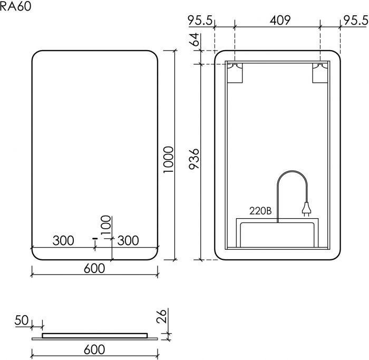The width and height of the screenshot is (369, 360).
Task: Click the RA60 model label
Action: pyautogui.click(x=15, y=6)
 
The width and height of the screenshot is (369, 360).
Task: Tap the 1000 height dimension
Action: pyautogui.click(x=169, y=160)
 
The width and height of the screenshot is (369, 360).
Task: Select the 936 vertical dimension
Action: pyautogui.click(x=195, y=159)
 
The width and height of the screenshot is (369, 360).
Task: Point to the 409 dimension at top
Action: pyautogui.click(x=280, y=20)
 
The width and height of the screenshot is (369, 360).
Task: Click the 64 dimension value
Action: pyautogui.click(x=195, y=40)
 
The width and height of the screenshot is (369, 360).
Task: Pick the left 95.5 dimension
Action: pyautogui.click(x=200, y=20)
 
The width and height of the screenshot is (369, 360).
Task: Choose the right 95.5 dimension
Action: pyautogui.click(x=356, y=20)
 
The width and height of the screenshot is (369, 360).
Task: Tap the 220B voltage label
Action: pyautogui.click(x=260, y=211)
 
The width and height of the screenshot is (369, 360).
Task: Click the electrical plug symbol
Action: pyautogui.click(x=306, y=209)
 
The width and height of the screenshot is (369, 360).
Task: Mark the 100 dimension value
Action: pyautogui.click(x=106, y=225)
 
